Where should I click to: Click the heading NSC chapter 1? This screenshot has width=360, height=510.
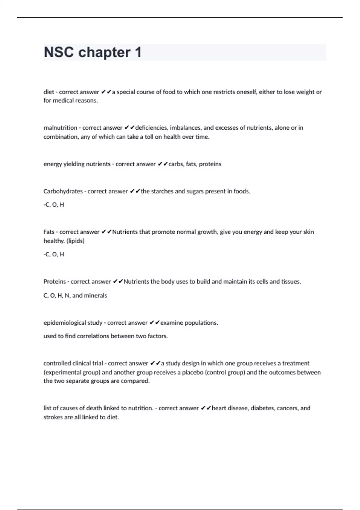pyautogui.click(x=92, y=52)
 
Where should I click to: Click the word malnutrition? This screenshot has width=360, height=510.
pyautogui.click(x=60, y=128)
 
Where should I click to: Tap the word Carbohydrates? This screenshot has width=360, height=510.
pyautogui.click(x=63, y=191)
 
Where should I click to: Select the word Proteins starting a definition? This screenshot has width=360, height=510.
pyautogui.click(x=55, y=282)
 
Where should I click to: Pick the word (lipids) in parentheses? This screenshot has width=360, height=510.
pyautogui.click(x=75, y=241)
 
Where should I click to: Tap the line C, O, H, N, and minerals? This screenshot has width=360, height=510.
pyautogui.click(x=75, y=295)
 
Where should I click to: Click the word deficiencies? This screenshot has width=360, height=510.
pyautogui.click(x=152, y=128)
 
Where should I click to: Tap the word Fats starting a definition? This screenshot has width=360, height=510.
pyautogui.click(x=49, y=232)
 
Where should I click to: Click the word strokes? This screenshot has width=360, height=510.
pyautogui.click(x=53, y=417)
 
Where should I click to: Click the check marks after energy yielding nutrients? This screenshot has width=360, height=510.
pyautogui.click(x=163, y=164)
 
